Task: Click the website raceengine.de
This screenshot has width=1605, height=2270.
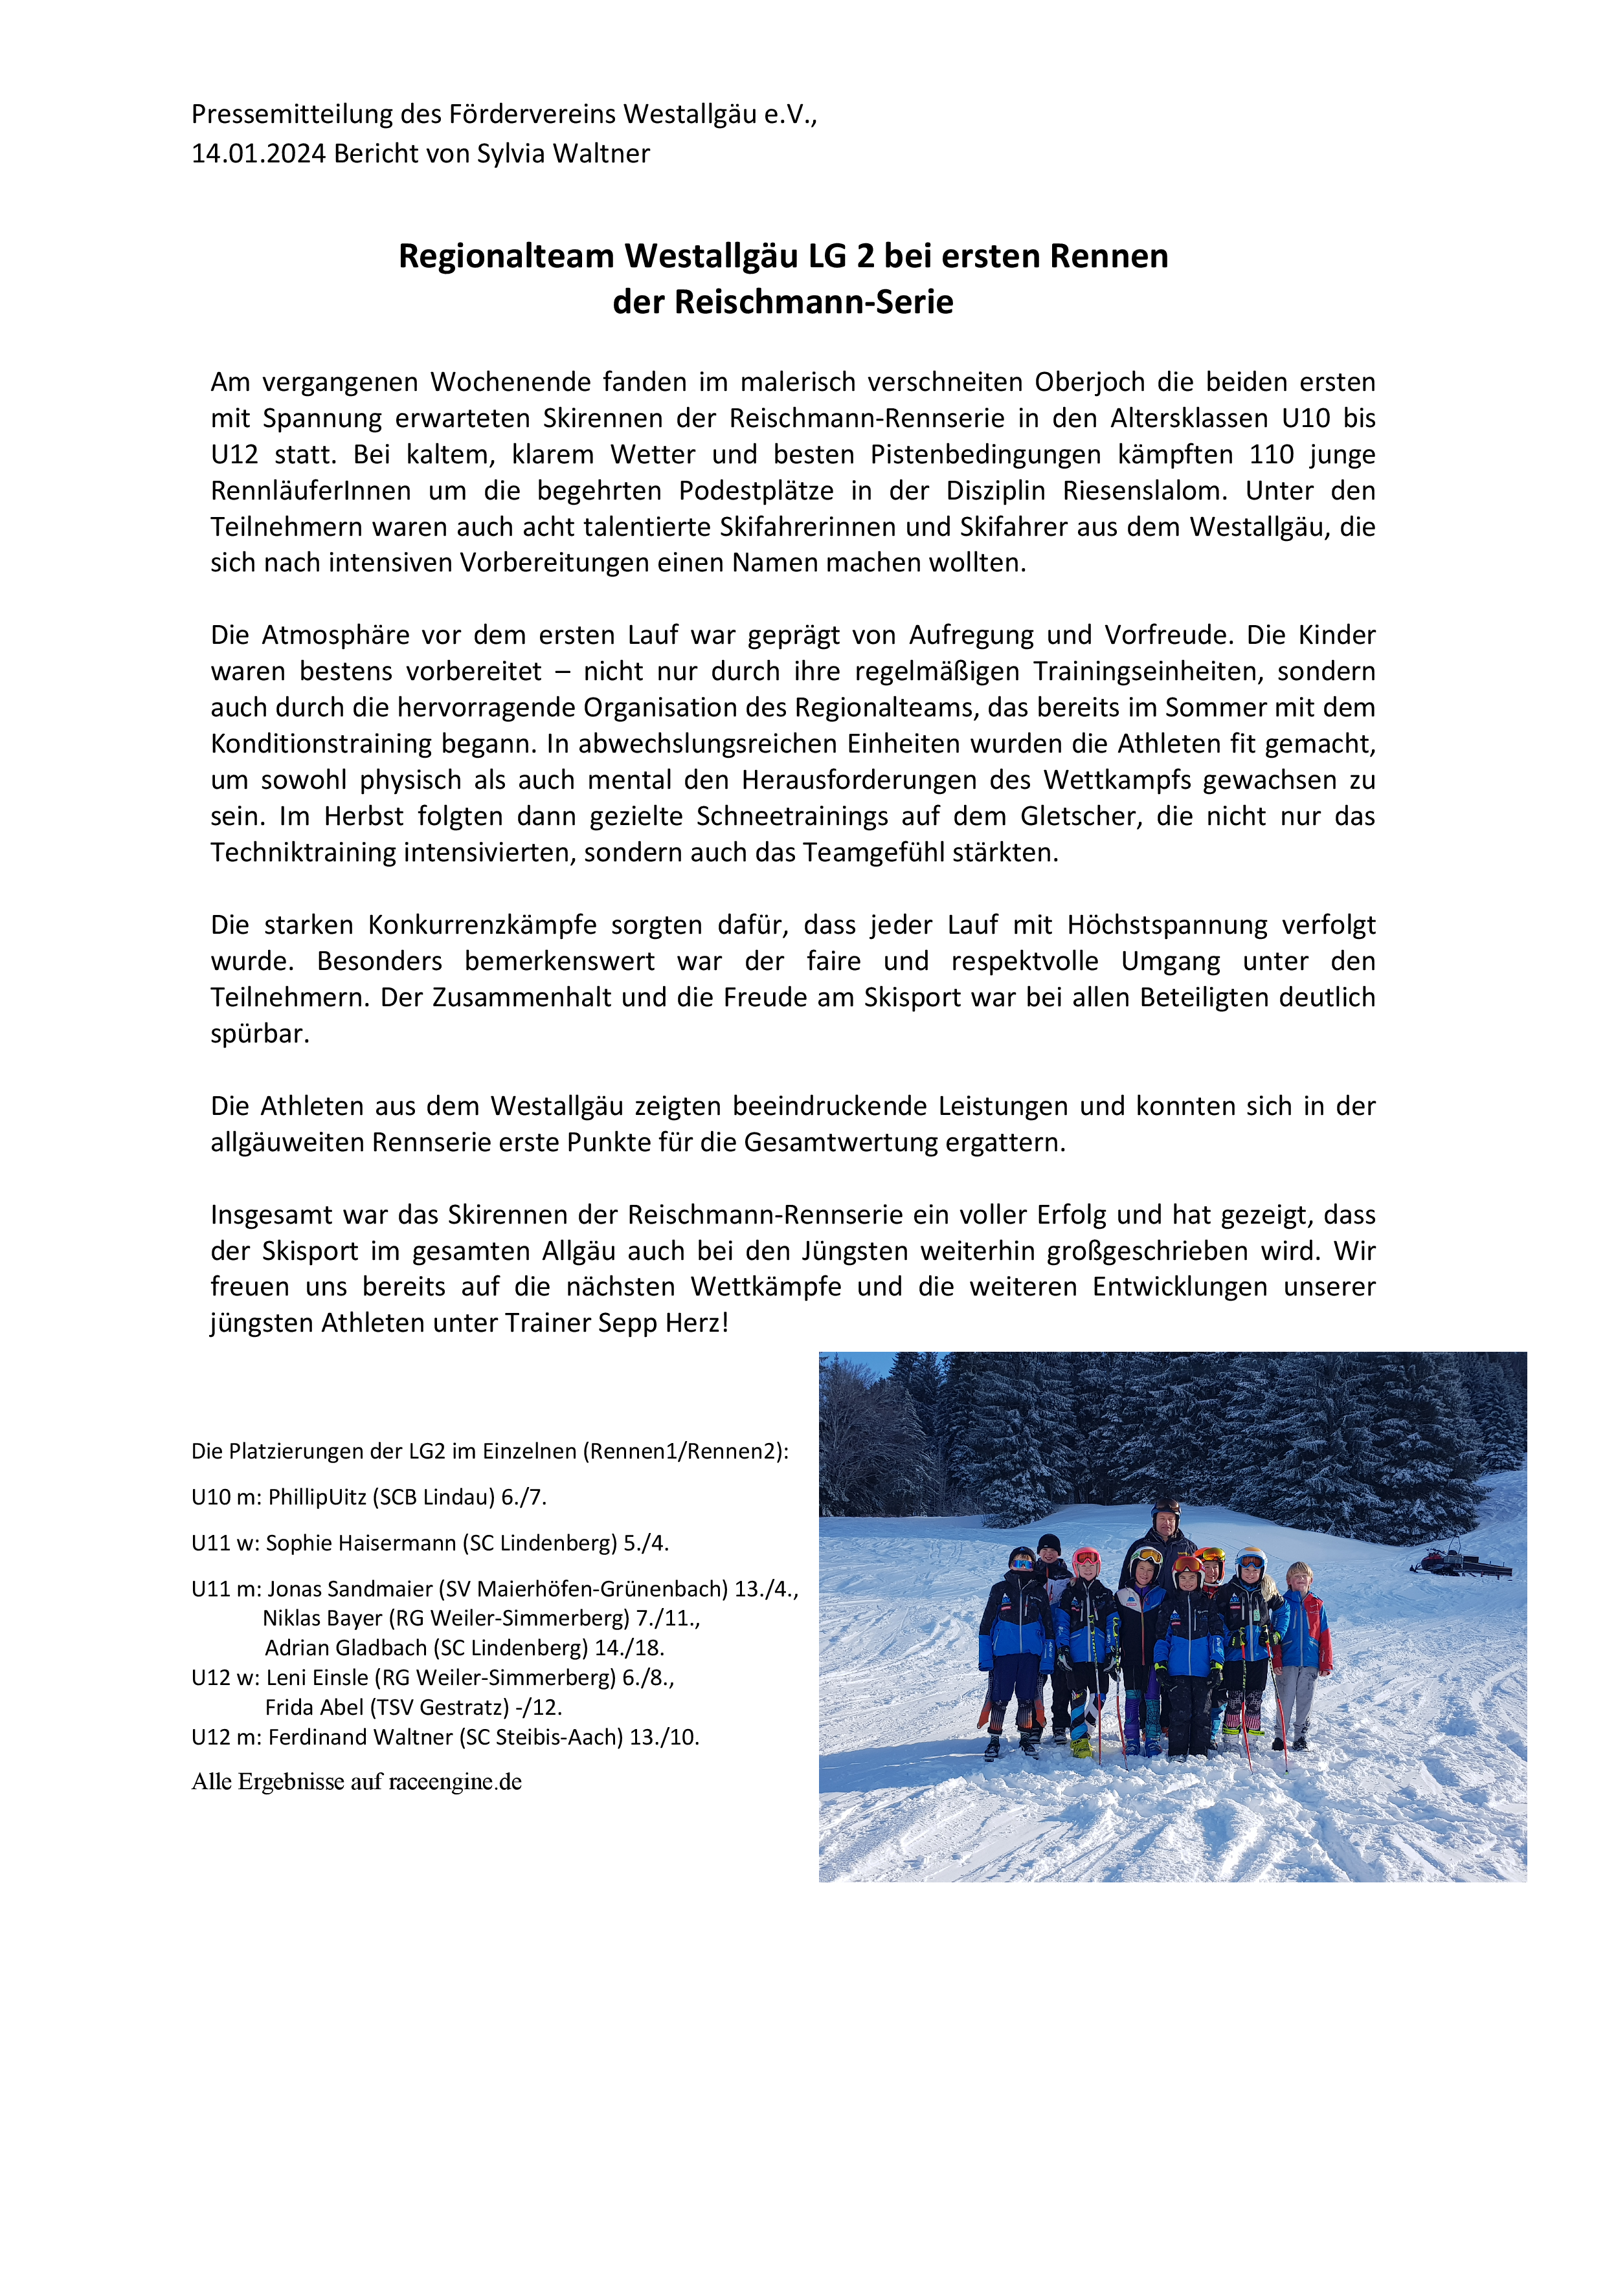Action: (x=455, y=1781)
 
